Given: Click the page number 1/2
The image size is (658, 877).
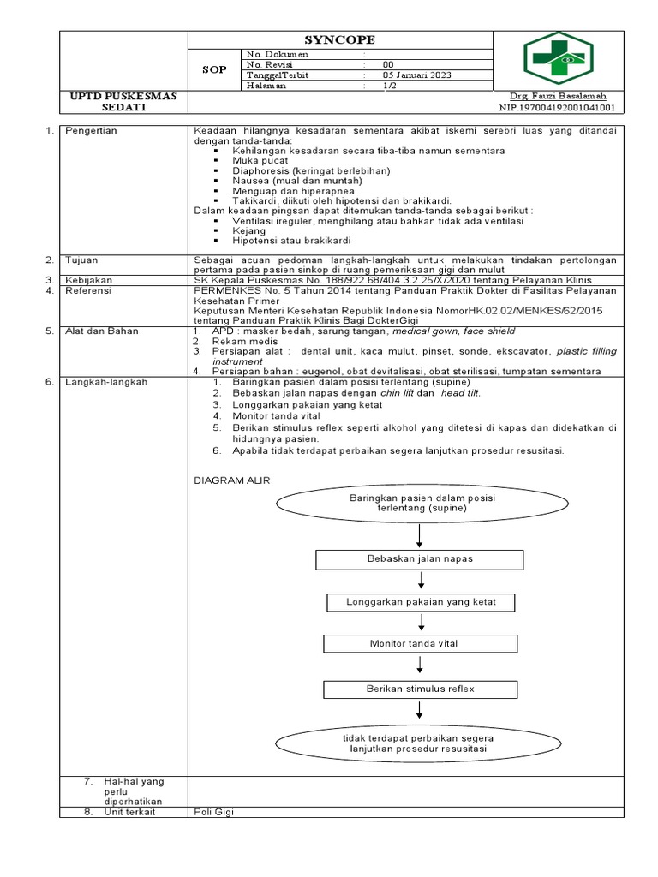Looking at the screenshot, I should [x=390, y=85].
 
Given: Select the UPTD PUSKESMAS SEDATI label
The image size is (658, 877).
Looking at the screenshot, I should [x=123, y=102].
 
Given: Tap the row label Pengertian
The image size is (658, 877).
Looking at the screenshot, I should [x=92, y=130].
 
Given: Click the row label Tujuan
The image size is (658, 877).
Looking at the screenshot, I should [x=83, y=259].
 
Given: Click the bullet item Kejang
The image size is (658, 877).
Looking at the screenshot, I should [x=249, y=230].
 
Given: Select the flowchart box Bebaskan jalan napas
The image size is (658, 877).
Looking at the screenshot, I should [x=420, y=559].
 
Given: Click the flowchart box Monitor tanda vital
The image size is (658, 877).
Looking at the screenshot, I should [x=420, y=643].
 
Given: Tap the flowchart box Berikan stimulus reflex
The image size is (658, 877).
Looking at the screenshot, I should [x=420, y=689].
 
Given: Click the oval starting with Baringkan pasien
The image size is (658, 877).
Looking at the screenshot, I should [x=419, y=503].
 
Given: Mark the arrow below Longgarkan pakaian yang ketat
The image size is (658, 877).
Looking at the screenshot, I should [x=420, y=623].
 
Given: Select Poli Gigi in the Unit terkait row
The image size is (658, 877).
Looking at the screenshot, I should [x=213, y=812].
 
